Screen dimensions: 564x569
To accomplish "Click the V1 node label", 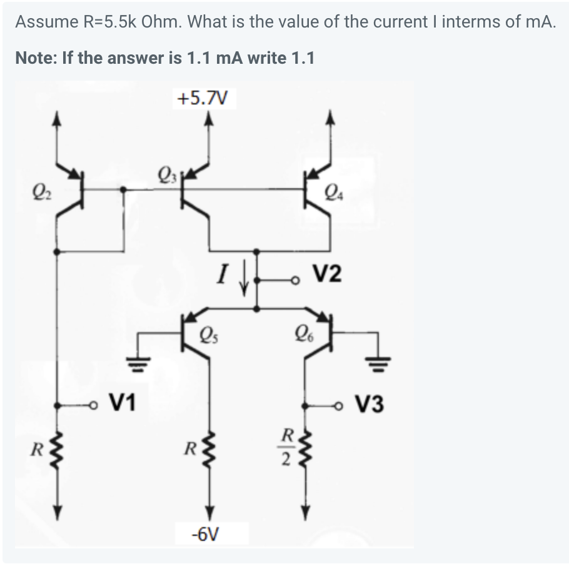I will click(124, 399).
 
